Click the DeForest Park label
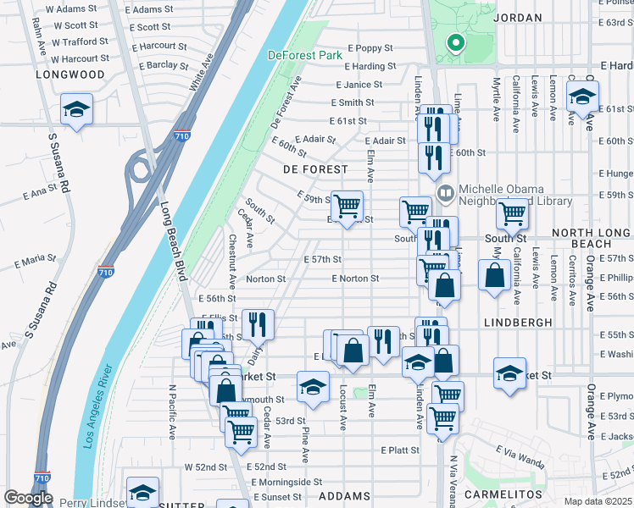tap(304, 55)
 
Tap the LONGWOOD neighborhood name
tap(70, 75)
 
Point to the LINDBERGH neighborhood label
tap(518, 323)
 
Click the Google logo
tap(28, 498)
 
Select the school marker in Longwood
tap(77, 110)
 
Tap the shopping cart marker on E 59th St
tap(347, 206)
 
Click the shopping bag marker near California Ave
tap(494, 274)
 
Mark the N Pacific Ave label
tap(171, 411)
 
